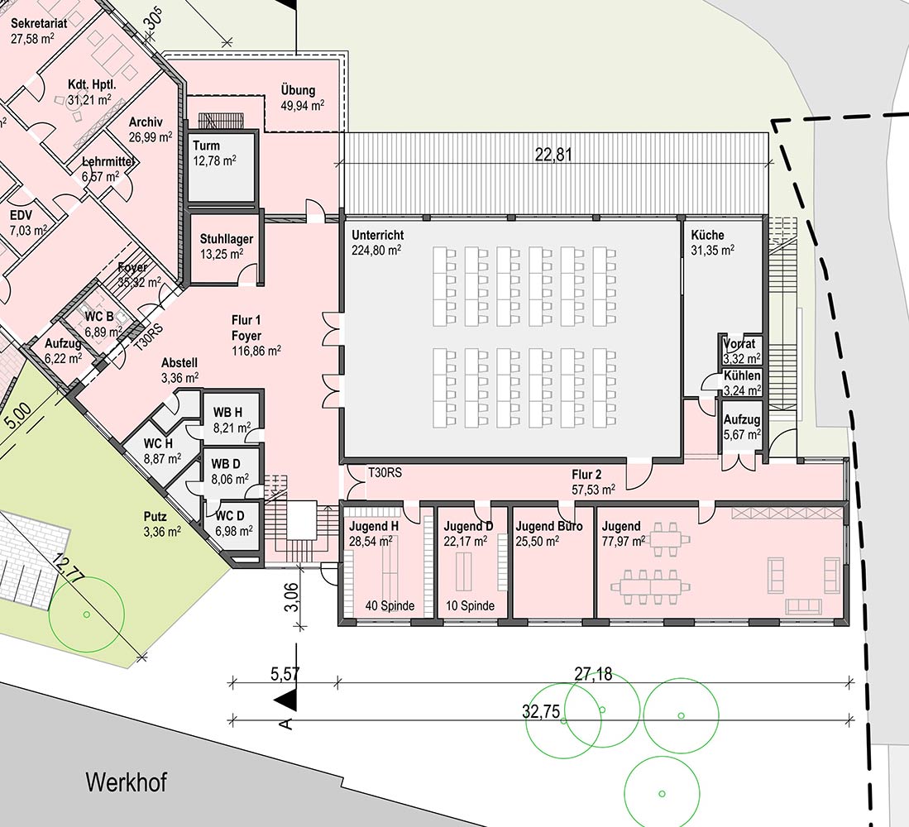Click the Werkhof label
point(127,782)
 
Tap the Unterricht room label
point(377,236)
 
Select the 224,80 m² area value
point(376,251)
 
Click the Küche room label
point(707,236)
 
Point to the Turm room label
point(207,146)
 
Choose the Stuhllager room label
point(227,239)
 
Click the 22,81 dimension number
point(553,155)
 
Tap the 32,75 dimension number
point(542,712)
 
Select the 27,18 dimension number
point(593,674)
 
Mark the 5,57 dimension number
point(285,674)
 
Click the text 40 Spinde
point(390,606)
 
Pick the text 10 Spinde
point(470,606)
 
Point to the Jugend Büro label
point(549,527)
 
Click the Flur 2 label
point(586,476)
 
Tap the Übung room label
point(298,90)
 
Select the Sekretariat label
point(39,23)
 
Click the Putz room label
point(155,516)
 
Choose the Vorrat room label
point(739,344)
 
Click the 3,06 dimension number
point(293,597)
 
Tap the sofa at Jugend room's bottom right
point(803,607)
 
